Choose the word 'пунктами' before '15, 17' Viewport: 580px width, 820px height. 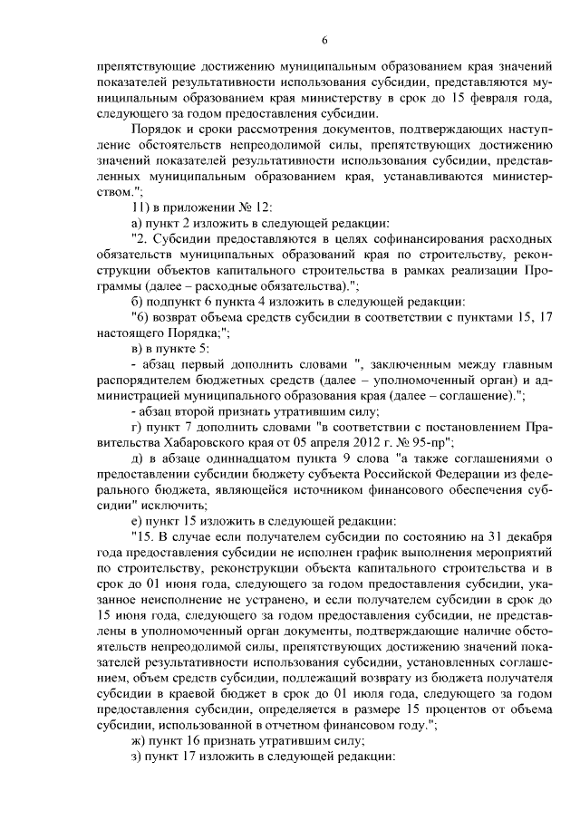click(472, 317)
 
